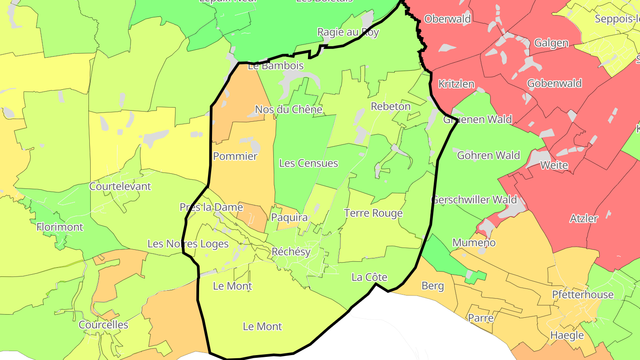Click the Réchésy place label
click(291, 252)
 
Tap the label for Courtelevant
click(120, 186)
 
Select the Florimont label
click(60, 227)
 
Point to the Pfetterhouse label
click(583, 295)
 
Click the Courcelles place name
click(104, 325)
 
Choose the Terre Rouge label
click(373, 213)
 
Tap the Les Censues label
click(308, 163)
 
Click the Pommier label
click(235, 156)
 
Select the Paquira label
click(289, 218)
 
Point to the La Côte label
click(369, 277)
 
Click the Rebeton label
click(391, 107)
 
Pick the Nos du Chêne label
click(288, 109)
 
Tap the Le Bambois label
click(276, 66)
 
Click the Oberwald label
click(448, 19)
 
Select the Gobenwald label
click(554, 84)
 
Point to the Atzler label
click(584, 219)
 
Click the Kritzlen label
click(456, 84)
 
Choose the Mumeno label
click(474, 243)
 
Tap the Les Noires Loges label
click(188, 244)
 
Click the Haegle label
click(567, 335)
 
